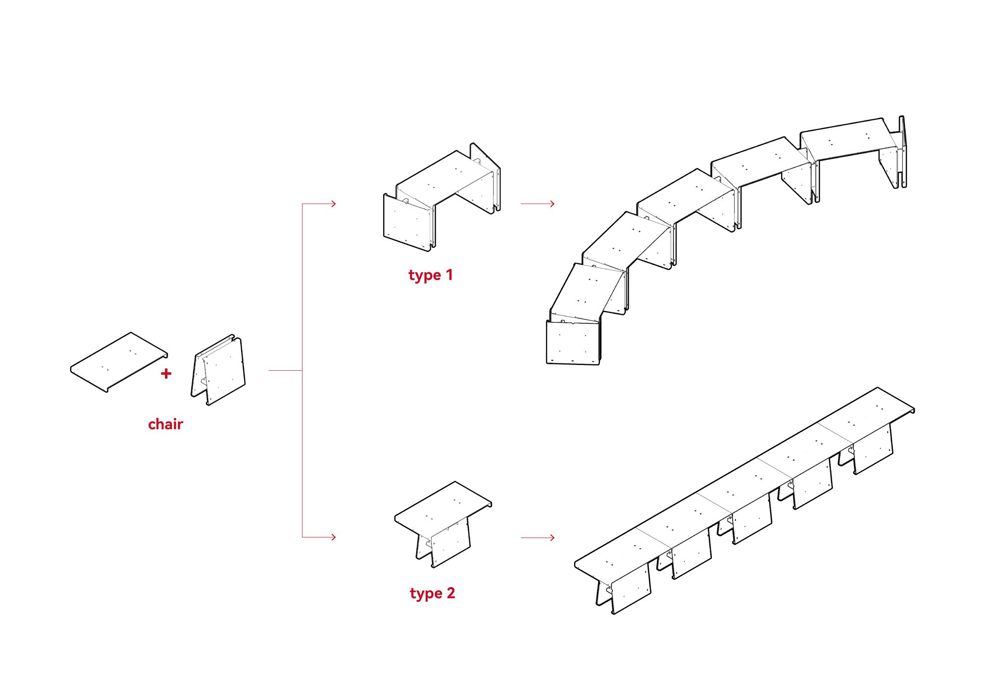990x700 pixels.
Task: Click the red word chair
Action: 165,424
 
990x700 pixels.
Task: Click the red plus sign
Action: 166,374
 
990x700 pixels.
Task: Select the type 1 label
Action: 430,275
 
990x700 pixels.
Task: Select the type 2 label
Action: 432,593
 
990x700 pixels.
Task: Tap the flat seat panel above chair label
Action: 119,361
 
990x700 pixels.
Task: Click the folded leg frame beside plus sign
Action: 220,370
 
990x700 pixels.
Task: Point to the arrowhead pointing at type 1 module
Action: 334,203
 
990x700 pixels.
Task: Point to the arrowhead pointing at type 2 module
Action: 334,537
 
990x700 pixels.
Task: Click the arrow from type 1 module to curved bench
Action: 538,203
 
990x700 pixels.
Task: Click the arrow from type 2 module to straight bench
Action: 538,537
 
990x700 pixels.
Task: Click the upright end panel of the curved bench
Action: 902,151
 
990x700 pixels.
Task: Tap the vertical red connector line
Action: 302,371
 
